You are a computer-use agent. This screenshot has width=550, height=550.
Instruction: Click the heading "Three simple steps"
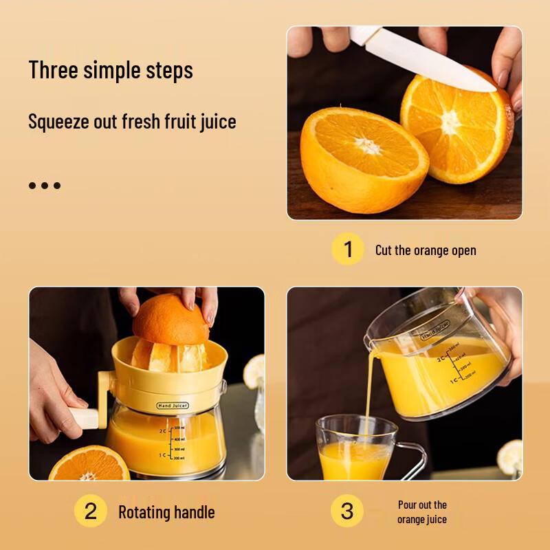[111, 70]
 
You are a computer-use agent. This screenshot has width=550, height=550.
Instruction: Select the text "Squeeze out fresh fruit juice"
[132, 122]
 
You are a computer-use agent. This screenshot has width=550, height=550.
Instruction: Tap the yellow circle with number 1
[347, 249]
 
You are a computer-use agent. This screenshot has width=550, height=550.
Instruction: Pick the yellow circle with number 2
[90, 511]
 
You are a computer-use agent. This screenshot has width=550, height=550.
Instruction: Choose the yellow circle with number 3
[347, 511]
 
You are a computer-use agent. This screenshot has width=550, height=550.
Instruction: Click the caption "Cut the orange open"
[426, 250]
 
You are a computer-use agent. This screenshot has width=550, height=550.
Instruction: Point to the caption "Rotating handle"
[166, 512]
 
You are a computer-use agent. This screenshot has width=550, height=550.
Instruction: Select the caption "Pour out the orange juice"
[422, 512]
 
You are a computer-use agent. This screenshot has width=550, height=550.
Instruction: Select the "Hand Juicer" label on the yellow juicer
[173, 406]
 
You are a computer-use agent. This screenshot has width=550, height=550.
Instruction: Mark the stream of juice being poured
[370, 392]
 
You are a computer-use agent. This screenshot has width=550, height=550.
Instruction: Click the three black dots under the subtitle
[45, 185]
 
